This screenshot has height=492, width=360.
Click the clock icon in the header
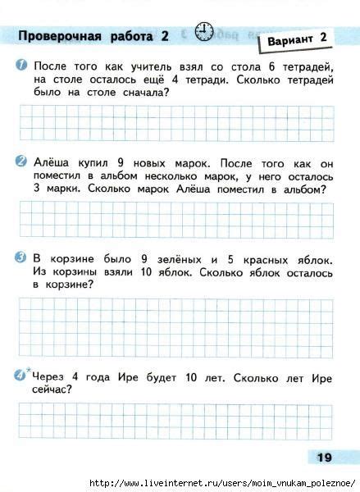[205, 32]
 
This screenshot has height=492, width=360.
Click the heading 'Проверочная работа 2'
[93, 35]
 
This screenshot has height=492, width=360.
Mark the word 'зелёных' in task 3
[184, 257]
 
